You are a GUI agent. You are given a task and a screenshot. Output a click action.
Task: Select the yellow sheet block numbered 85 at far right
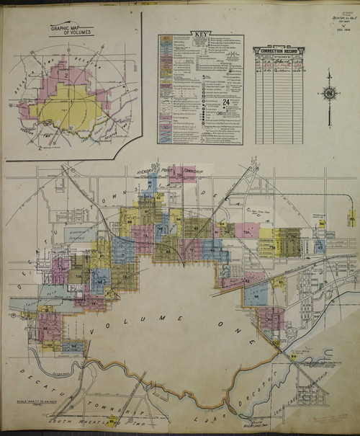coord(351,216)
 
